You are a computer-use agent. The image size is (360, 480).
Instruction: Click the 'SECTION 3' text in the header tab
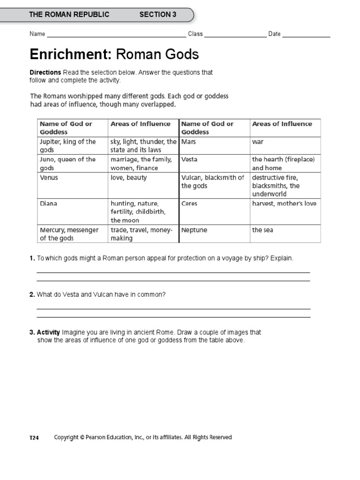click(157, 15)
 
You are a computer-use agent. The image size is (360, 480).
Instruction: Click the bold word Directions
click(45, 73)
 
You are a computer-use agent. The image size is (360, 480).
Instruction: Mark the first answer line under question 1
click(173, 272)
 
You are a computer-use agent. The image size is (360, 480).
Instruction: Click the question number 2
click(32, 294)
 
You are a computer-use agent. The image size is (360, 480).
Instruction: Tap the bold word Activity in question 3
click(49, 332)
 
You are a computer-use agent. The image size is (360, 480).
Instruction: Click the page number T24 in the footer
click(34, 438)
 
